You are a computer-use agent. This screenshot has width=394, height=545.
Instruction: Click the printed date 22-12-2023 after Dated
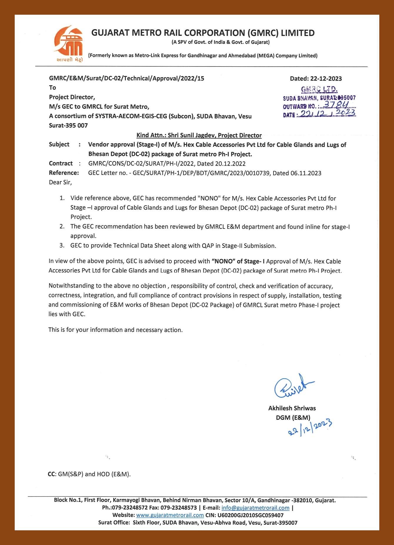pyautogui.click(x=326, y=78)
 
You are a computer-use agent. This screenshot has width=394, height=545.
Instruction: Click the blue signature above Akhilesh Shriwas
pyautogui.click(x=293, y=386)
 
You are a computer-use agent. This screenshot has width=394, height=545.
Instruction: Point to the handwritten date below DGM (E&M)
pyautogui.click(x=310, y=427)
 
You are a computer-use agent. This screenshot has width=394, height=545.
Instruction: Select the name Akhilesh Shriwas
pyautogui.click(x=292, y=408)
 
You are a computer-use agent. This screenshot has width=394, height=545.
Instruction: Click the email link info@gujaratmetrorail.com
pyautogui.click(x=255, y=508)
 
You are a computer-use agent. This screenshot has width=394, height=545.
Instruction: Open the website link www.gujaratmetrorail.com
pyautogui.click(x=170, y=515)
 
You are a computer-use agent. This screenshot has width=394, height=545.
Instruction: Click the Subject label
pyautogui.click(x=59, y=144)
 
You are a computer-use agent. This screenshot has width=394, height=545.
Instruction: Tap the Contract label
pyautogui.click(x=61, y=163)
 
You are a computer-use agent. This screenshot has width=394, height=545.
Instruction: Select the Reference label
pyautogui.click(x=64, y=173)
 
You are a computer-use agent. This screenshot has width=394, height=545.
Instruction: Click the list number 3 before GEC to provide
pyautogui.click(x=62, y=245)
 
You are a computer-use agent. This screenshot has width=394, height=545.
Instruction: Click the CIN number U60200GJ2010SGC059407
pyautogui.click(x=251, y=515)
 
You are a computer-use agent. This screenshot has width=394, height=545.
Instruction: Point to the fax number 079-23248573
pyautogui.click(x=178, y=508)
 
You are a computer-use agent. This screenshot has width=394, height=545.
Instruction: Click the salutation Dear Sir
pyautogui.click(x=60, y=182)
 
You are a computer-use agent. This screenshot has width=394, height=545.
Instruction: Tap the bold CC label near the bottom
pyautogui.click(x=51, y=474)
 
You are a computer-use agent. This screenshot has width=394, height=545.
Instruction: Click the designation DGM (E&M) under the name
pyautogui.click(x=293, y=417)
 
